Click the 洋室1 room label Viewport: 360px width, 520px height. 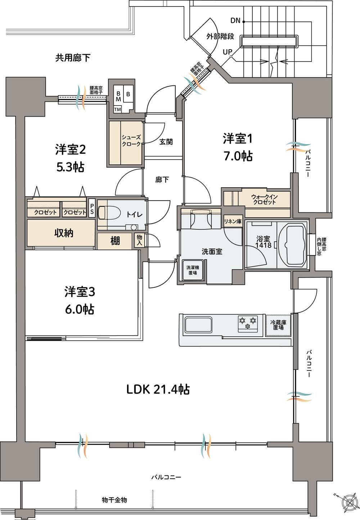click(238, 139)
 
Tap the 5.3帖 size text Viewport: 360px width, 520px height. click(70, 167)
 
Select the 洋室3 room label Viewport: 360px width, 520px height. click(80, 292)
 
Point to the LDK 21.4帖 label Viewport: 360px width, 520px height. click(158, 390)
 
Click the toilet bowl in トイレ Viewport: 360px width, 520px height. click(109, 212)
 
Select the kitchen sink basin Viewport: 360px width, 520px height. click(198, 325)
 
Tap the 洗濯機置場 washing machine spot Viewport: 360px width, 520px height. click(192, 270)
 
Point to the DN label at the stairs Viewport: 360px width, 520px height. click(235, 21)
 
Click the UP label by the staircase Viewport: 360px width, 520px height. click(227, 52)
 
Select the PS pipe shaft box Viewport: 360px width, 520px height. click(92, 208)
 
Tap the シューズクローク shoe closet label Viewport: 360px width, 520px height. click(131, 141)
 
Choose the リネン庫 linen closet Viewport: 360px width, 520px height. click(233, 221)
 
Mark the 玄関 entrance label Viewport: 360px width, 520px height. click(166, 142)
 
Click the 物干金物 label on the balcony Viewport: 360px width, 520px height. click(114, 500)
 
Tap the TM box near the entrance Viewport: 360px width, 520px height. click(118, 109)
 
